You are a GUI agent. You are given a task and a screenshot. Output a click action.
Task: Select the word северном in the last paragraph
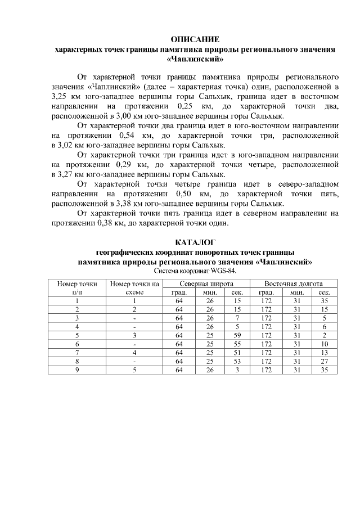[x=259, y=213]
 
